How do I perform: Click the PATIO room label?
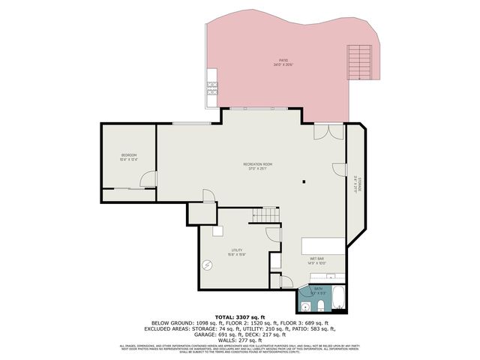pos(283,62)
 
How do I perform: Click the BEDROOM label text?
pos(128,157)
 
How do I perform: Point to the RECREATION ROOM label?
pos(257,166)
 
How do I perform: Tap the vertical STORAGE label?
pos(358,183)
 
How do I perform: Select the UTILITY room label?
pos(237,252)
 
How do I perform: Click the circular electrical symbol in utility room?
pos(208,263)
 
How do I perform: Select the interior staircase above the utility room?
pos(268,216)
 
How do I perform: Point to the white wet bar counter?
pos(323,246)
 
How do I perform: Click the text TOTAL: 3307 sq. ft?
pos(239,318)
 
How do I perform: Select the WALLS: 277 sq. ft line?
pos(239,339)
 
